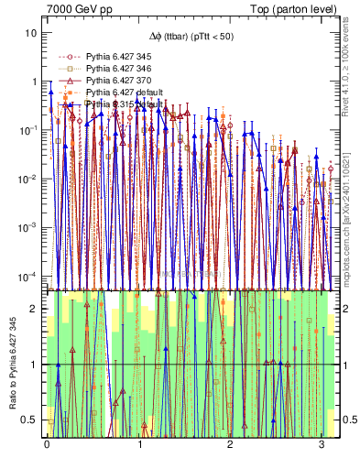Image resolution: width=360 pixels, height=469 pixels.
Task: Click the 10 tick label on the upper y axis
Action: pyautogui.click(x=31, y=33)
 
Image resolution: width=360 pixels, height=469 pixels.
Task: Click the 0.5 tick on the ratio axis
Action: pyautogui.click(x=32, y=420)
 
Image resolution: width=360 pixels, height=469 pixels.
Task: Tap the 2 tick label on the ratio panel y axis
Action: pyautogui.click(x=37, y=309)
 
